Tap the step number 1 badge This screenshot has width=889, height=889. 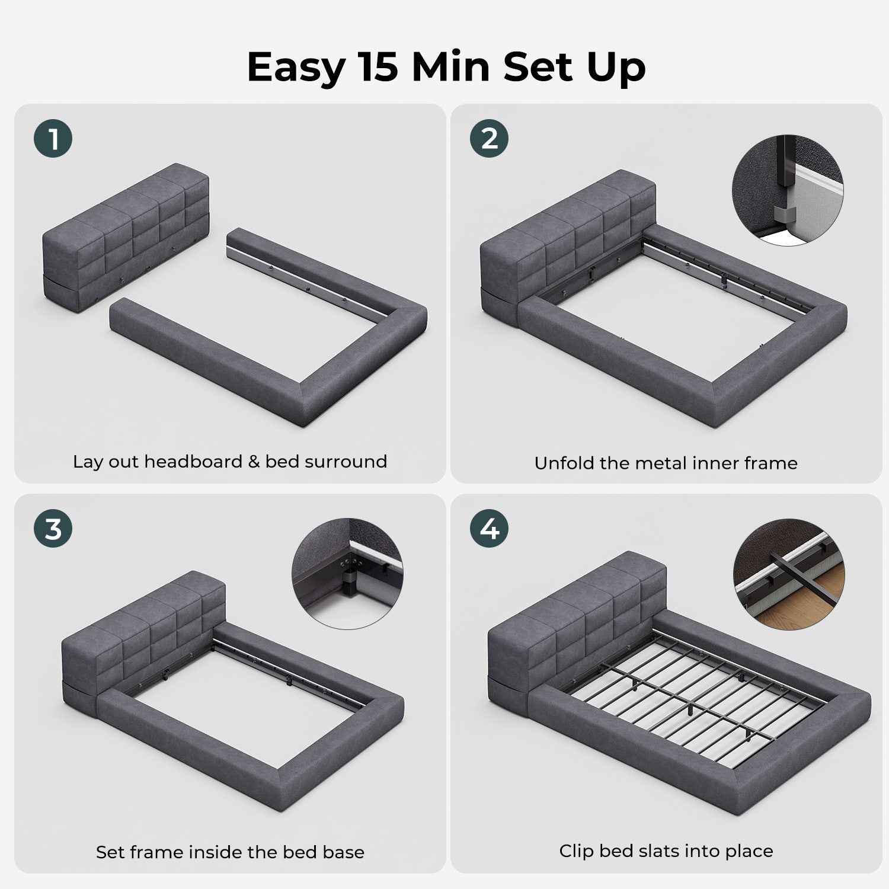click(53, 139)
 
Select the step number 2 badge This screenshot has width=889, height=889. click(490, 139)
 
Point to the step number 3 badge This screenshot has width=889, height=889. click(53, 529)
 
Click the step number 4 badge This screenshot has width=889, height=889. click(490, 529)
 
